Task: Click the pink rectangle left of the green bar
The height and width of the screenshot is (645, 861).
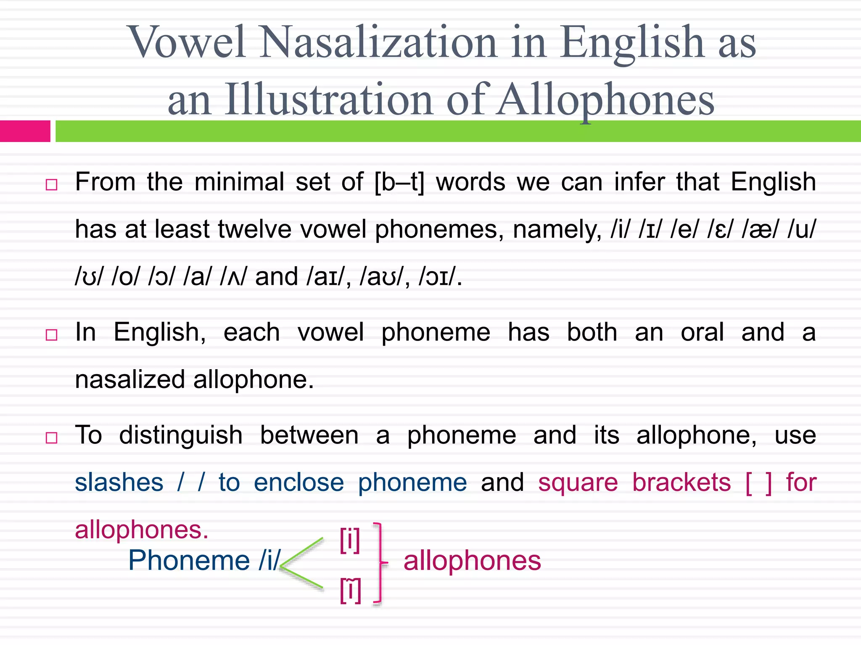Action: tap(25, 131)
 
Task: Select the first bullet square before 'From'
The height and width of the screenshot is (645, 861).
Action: tap(51, 185)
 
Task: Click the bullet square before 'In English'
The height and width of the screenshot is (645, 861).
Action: tap(51, 335)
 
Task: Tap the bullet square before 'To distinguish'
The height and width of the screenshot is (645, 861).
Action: tap(51, 438)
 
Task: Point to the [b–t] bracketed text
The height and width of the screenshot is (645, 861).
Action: tap(399, 183)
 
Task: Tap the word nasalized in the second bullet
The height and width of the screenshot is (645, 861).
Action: tap(130, 380)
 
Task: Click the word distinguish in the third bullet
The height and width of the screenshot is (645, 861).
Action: tap(181, 435)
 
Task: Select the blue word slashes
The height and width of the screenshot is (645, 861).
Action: tap(119, 482)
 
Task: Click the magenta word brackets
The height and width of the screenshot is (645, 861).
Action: tap(681, 482)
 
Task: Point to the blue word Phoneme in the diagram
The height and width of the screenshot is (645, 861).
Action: tap(189, 561)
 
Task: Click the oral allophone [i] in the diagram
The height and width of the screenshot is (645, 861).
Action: tap(350, 540)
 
